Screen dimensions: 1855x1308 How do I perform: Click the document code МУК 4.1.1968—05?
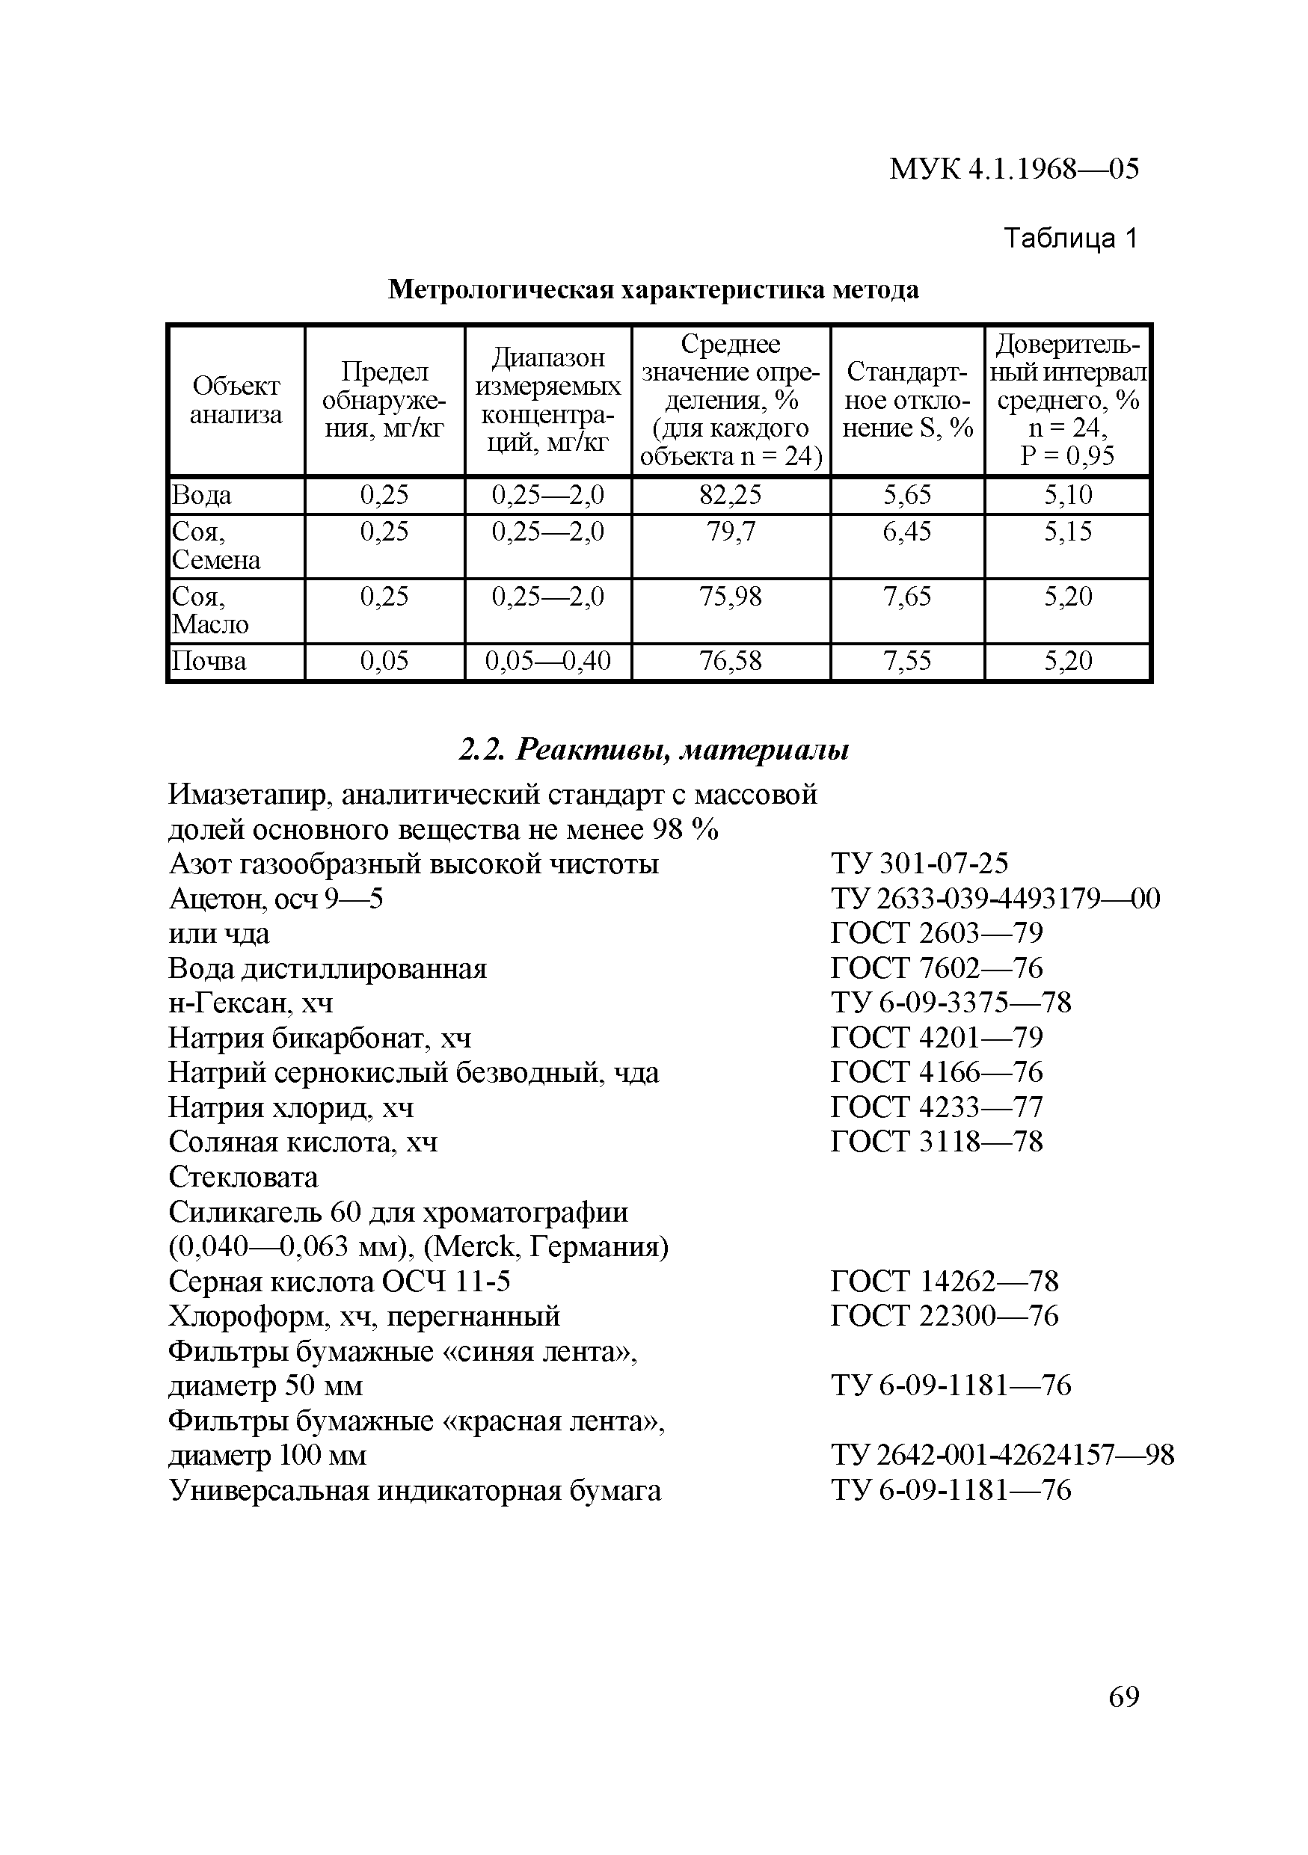click(1013, 169)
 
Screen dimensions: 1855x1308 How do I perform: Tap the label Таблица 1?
click(1069, 239)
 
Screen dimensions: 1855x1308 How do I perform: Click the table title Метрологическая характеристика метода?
click(653, 289)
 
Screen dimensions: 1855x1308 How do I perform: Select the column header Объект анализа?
click(236, 401)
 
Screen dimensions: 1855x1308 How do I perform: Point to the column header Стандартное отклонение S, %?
click(907, 400)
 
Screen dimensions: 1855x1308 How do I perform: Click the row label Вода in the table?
click(201, 495)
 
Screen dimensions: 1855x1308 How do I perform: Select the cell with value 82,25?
click(731, 495)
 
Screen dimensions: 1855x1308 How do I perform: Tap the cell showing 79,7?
click(731, 532)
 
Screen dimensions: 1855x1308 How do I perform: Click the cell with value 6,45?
click(907, 532)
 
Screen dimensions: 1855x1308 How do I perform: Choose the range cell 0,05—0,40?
click(547, 662)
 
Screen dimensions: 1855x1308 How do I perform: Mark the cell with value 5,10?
click(1067, 495)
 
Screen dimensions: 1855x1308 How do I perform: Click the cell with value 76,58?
click(731, 662)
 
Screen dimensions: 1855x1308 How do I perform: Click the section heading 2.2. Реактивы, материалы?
click(654, 751)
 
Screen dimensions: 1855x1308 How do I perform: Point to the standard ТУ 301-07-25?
click(919, 864)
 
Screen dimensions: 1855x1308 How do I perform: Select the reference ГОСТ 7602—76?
click(936, 968)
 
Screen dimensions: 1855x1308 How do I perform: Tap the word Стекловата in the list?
click(243, 1177)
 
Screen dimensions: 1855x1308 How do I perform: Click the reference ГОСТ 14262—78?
click(944, 1282)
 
